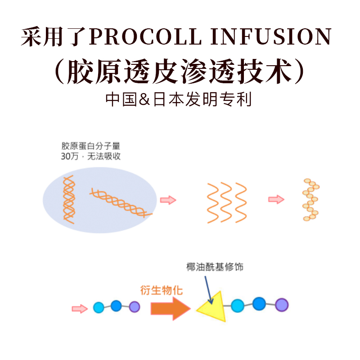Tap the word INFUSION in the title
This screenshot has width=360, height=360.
270,37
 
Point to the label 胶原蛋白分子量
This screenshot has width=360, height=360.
91,146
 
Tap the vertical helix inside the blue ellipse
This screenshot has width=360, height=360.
68,199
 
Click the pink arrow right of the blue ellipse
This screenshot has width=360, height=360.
168,200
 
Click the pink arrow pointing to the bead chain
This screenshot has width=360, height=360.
276,199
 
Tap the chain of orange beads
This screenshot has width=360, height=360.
310,199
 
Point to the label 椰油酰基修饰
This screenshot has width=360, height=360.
215,266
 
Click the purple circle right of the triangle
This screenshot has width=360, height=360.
281,305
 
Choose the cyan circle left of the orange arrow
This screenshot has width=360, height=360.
99,308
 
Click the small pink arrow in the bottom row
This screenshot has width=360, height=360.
79,308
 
